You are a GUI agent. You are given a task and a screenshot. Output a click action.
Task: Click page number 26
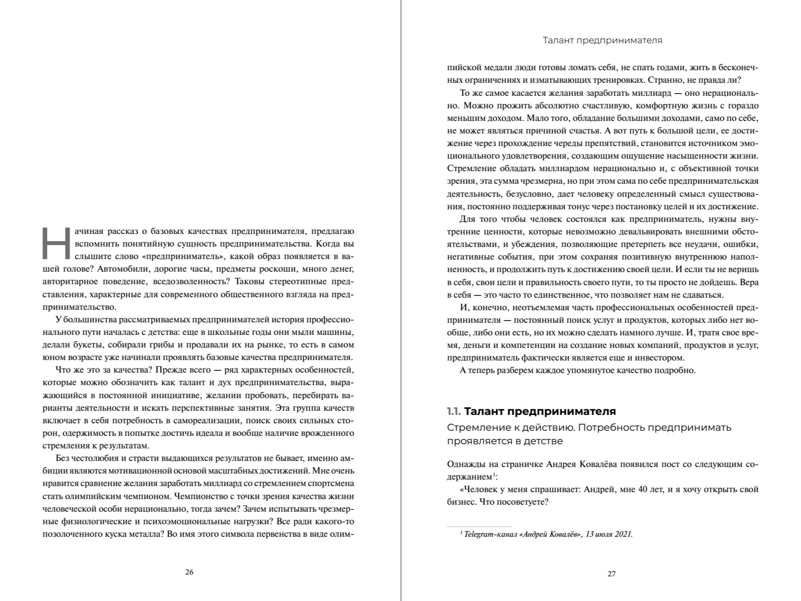(x=189, y=572)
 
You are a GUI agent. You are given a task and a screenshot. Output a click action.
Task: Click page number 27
(x=612, y=574)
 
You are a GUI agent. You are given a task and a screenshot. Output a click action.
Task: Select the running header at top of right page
(x=602, y=40)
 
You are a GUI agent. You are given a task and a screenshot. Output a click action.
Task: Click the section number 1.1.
(x=454, y=411)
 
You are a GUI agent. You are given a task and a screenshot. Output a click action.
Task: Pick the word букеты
(x=86, y=345)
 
